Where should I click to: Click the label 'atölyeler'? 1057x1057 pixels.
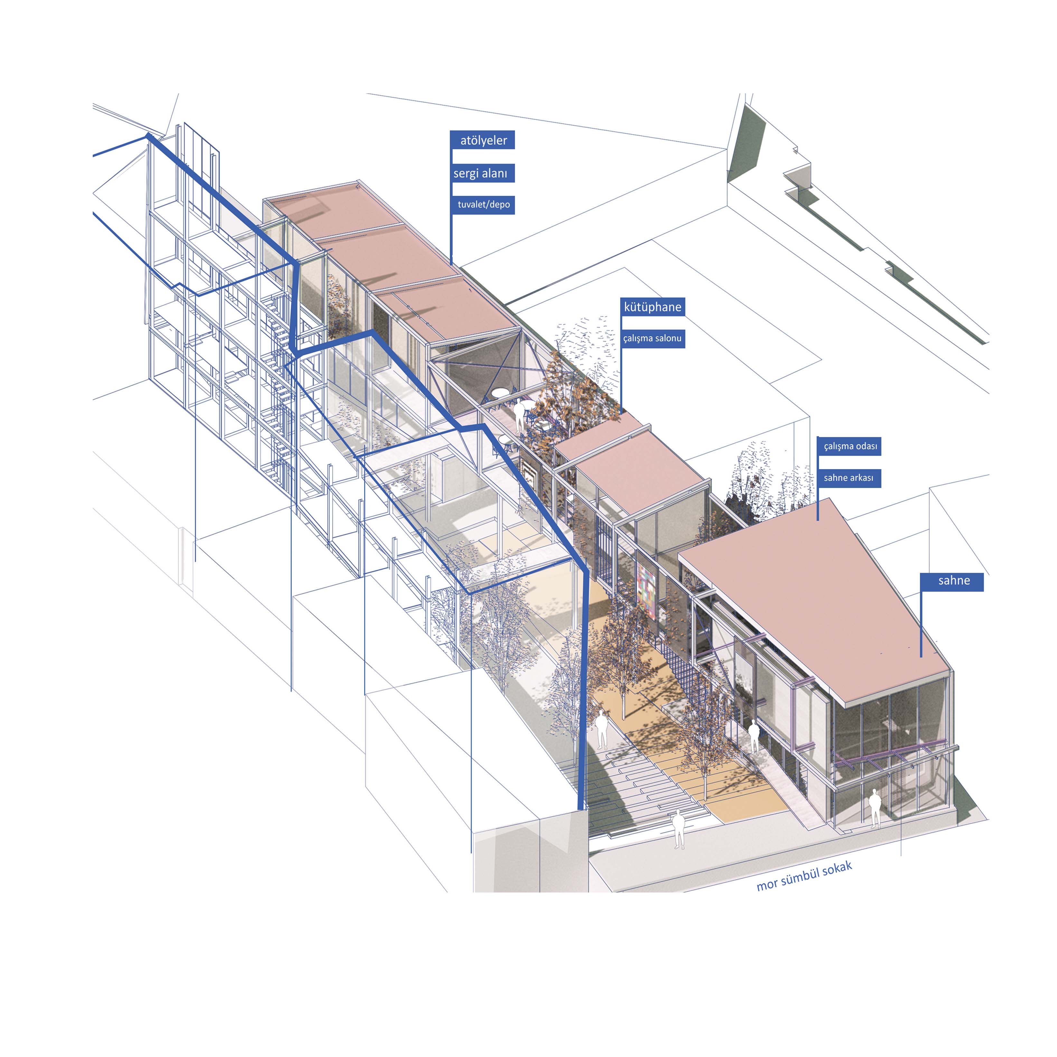click(483, 140)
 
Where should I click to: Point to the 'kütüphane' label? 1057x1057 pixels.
click(653, 307)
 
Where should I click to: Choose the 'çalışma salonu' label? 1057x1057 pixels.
click(653, 338)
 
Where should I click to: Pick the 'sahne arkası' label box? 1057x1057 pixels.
click(849, 477)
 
